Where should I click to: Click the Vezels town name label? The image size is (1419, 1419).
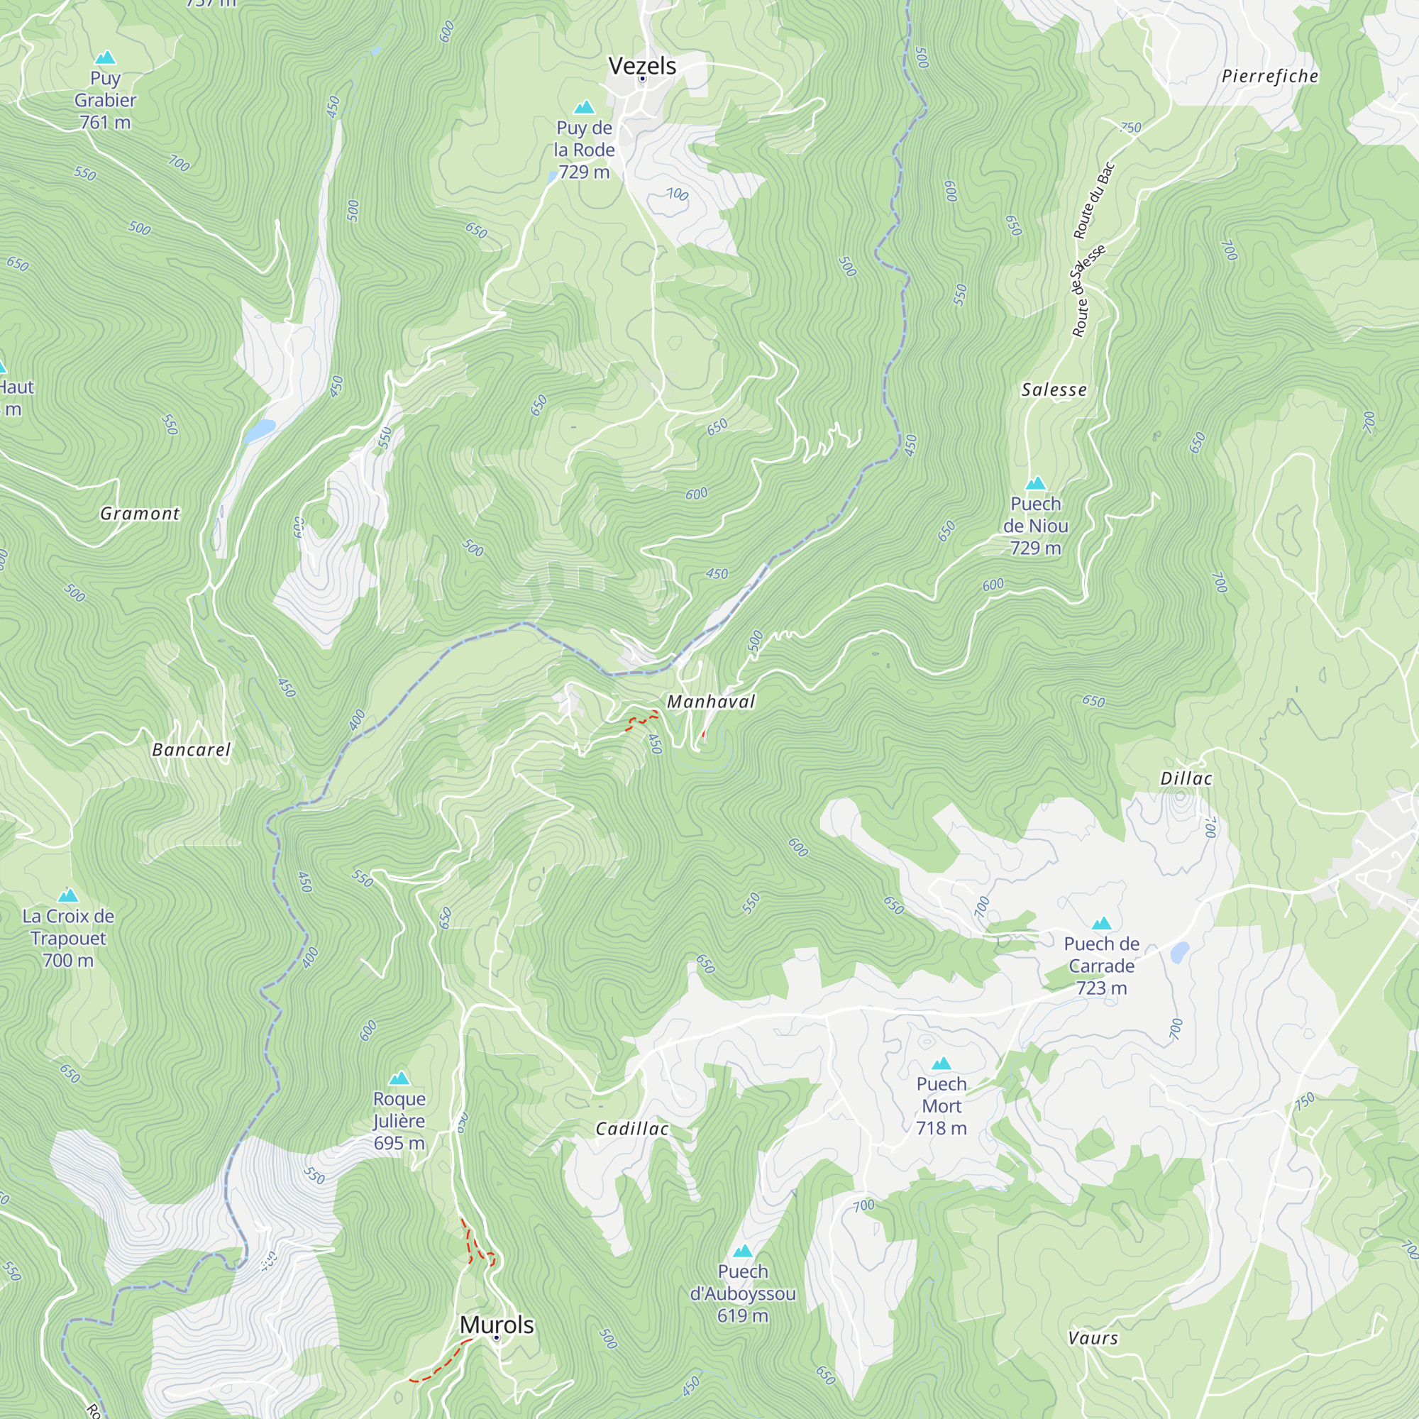point(642,66)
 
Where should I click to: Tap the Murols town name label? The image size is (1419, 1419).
point(497,1324)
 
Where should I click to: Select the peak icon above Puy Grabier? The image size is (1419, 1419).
point(105,57)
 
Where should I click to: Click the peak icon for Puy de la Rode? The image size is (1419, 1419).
point(584,108)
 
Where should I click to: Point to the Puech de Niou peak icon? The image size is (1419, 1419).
point(1036,483)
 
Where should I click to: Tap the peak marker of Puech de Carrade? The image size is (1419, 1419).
point(1101,923)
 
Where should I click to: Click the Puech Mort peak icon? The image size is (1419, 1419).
point(941,1064)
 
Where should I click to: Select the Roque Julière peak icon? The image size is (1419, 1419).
point(399,1078)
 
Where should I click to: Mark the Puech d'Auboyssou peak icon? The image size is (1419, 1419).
point(743,1251)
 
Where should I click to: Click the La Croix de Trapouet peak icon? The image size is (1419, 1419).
point(68,895)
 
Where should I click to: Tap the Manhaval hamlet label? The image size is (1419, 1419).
point(710,702)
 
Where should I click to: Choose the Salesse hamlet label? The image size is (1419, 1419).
point(1053,390)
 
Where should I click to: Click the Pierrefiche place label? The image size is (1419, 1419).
point(1269,77)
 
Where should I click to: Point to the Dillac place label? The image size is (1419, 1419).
point(1186,778)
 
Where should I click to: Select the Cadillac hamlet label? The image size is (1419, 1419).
point(631,1129)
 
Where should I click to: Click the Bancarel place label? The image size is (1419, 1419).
point(191,750)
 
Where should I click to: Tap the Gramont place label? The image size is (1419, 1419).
point(140,514)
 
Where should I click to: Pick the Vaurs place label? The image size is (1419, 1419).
point(1093,1338)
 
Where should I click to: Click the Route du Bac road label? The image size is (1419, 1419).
point(1094,201)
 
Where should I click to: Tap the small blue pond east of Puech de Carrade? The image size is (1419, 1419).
point(1180,953)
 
